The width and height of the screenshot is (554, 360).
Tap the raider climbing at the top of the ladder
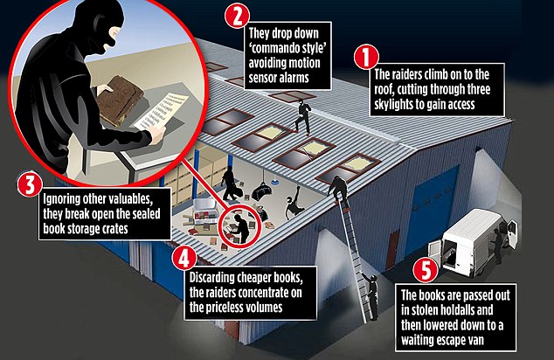tap(337, 185)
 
